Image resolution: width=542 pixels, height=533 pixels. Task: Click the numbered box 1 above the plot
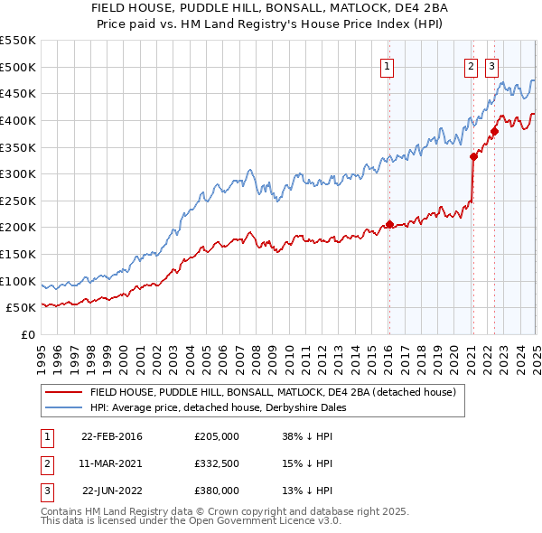click(x=387, y=65)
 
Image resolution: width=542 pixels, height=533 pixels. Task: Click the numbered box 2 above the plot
click(x=471, y=65)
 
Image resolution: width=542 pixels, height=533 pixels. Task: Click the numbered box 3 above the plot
click(x=491, y=65)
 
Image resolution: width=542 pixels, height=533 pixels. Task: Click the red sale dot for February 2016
click(x=389, y=224)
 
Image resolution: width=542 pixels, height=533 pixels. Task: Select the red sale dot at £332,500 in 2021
click(x=473, y=156)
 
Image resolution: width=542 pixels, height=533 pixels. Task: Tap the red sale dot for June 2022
click(x=494, y=131)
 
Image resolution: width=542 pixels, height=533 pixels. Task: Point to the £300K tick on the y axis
click(x=18, y=173)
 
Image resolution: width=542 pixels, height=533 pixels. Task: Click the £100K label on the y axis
click(x=18, y=281)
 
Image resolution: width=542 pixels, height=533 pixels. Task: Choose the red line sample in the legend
click(x=63, y=393)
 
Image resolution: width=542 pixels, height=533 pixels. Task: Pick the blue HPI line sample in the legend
click(x=63, y=407)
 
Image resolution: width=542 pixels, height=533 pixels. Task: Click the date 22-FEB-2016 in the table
click(x=111, y=436)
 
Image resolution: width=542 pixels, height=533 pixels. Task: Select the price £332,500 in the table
click(x=217, y=463)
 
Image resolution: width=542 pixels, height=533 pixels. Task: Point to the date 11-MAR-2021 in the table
click(x=111, y=463)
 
